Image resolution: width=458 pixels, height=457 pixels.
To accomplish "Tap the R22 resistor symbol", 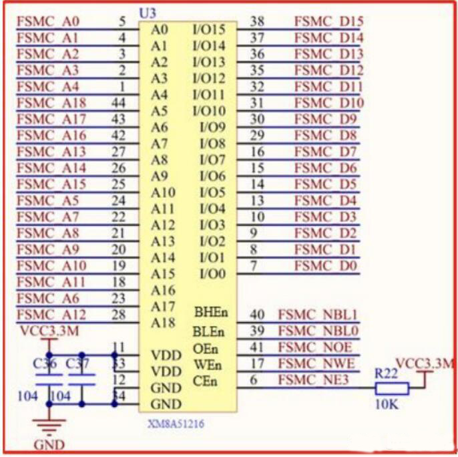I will pos(391,390).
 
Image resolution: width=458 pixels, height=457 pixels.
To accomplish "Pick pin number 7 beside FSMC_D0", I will pos(253,266).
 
